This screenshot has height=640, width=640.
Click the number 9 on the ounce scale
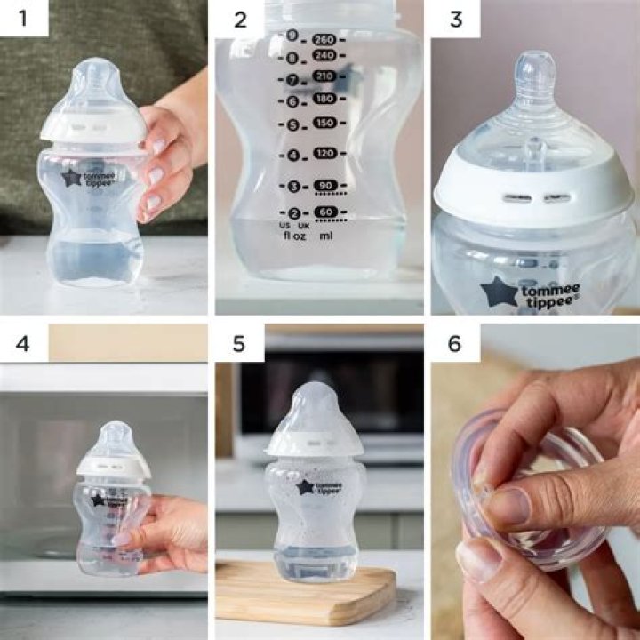pyautogui.click(x=292, y=36)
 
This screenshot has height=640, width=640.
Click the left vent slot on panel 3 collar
pyautogui.click(x=511, y=197)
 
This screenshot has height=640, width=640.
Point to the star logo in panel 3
pyautogui.click(x=500, y=292)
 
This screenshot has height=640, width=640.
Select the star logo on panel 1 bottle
pyautogui.click(x=71, y=179)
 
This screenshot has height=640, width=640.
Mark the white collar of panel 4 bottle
pyautogui.click(x=113, y=464)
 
